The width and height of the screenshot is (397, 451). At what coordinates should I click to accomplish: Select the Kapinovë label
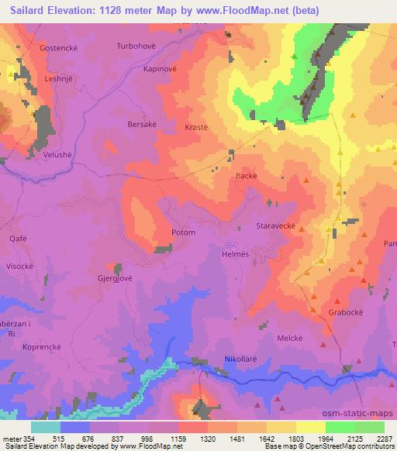coord(162,68)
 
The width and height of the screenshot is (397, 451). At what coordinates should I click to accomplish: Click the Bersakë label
coord(141,123)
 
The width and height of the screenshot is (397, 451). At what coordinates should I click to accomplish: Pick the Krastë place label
coord(196,126)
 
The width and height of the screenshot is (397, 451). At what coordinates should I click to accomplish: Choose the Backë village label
coord(246,177)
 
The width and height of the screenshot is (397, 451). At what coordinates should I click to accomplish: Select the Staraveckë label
coord(276,227)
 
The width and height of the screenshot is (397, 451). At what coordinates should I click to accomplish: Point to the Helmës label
coord(233,253)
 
